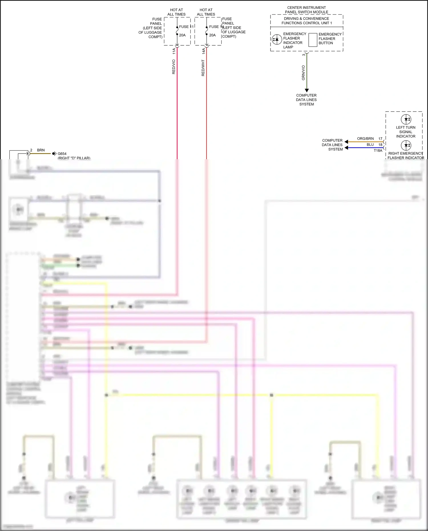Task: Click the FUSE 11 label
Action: tap(186, 27)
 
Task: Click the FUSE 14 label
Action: tap(216, 27)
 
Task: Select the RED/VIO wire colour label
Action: tap(173, 67)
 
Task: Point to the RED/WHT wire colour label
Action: tap(203, 68)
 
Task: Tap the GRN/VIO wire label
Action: tap(303, 73)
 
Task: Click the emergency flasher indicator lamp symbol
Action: tap(276, 40)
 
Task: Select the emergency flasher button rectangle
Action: tap(313, 40)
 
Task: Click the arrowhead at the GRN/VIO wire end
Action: tap(307, 90)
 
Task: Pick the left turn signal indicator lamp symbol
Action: tap(406, 119)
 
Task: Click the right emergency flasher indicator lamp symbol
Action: tap(406, 146)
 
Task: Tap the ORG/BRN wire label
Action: tap(365, 139)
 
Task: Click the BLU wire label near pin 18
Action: tap(370, 145)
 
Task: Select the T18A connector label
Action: tap(378, 151)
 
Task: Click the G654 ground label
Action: tap(62, 154)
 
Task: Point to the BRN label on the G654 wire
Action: tap(41, 150)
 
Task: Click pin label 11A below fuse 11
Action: tap(174, 51)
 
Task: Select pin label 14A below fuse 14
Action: tap(203, 51)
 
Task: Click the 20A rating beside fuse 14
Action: tap(212, 35)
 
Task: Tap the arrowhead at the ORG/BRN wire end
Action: tap(346, 142)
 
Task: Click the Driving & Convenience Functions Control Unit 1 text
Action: tap(306, 21)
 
